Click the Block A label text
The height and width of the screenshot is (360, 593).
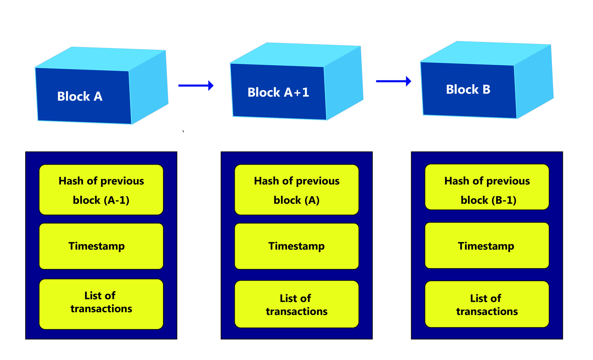point(80,96)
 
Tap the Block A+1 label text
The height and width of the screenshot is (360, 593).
point(278,92)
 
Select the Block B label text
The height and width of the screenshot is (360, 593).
point(468,89)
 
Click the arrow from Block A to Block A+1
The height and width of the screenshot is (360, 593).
point(196,85)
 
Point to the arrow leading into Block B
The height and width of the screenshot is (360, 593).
point(393,81)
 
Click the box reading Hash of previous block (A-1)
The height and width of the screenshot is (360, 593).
point(101,190)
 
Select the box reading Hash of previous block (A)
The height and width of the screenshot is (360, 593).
point(296,190)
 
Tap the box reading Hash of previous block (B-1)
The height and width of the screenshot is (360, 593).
point(487,187)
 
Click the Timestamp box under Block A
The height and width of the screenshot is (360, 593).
point(101,246)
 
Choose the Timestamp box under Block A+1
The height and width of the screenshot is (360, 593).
point(296,246)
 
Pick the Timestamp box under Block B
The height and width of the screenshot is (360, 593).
point(487,245)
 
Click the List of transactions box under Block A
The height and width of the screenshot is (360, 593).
point(101,304)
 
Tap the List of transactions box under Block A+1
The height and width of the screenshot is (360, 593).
point(296,304)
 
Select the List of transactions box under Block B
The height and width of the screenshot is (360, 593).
point(487,304)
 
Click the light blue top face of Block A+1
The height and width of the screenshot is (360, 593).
point(295,54)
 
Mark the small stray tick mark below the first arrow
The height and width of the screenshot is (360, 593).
point(183,131)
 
